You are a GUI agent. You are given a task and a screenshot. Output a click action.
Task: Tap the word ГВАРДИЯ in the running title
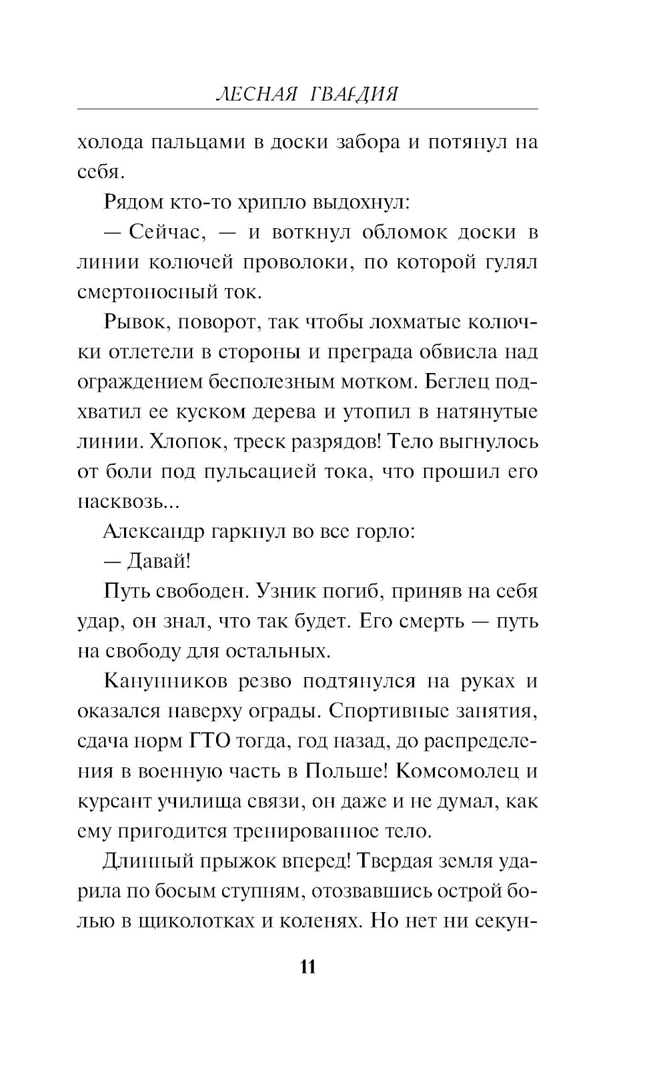click(354, 94)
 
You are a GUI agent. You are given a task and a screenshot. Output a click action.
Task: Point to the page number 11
click(307, 967)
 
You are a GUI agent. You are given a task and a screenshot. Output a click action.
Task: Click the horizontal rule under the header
click(307, 108)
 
